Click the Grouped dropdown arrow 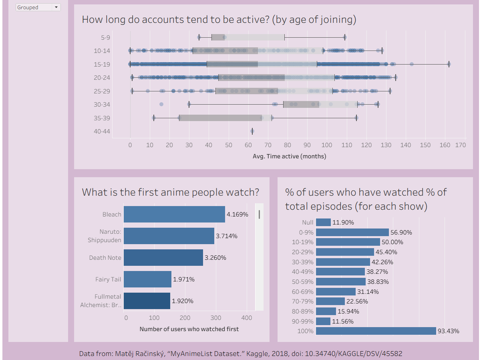pos(56,7)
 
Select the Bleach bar pos(174,214)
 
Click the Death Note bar pos(163,257)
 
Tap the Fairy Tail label pos(108,279)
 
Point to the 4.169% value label pos(237,214)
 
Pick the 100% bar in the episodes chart pos(376,331)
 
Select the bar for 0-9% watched pos(352,232)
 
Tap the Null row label pos(308,222)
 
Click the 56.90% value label pos(401,232)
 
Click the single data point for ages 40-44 pos(252,131)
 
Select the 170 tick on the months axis pos(461,145)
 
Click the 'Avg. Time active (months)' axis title pos(289,156)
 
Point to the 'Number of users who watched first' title pos(189,329)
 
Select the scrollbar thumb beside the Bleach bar pos(259,214)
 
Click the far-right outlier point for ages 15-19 pos(449,64)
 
